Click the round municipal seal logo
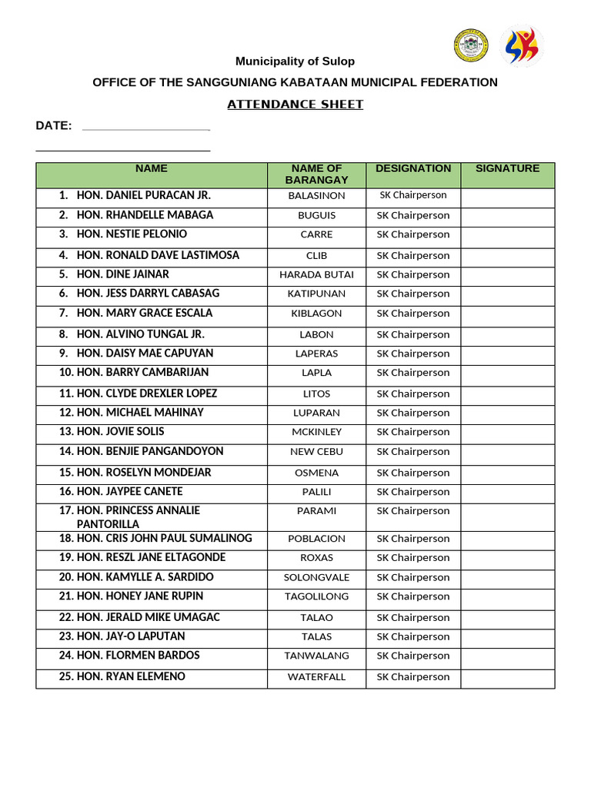pyautogui.click(x=470, y=45)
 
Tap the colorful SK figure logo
pyautogui.click(x=521, y=46)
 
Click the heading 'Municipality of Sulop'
pyautogui.click(x=295, y=61)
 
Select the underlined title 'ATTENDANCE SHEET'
pyautogui.click(x=295, y=105)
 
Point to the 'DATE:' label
pyautogui.click(x=54, y=126)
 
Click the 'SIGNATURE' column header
pyautogui.click(x=507, y=168)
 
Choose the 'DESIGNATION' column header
pyautogui.click(x=413, y=168)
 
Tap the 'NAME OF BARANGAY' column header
pyautogui.click(x=316, y=174)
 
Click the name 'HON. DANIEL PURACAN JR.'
pyautogui.click(x=143, y=195)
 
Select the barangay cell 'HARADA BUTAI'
pyautogui.click(x=316, y=274)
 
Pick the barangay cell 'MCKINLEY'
pyautogui.click(x=316, y=432)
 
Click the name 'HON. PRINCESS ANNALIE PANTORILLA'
pyautogui.click(x=139, y=517)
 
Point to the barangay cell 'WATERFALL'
pyautogui.click(x=316, y=677)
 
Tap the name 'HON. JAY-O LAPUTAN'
pyautogui.click(x=131, y=636)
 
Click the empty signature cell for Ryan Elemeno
pyautogui.click(x=507, y=677)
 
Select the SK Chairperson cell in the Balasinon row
pyautogui.click(x=413, y=195)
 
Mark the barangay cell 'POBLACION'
pyautogui.click(x=316, y=539)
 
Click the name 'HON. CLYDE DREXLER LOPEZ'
pyautogui.click(x=146, y=393)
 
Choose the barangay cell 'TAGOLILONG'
pyautogui.click(x=316, y=596)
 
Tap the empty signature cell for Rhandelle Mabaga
pyautogui.click(x=507, y=216)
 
